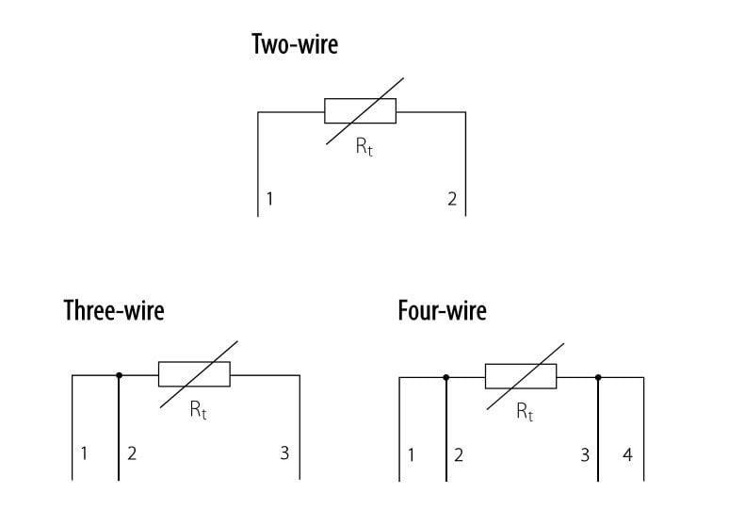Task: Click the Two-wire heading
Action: click(295, 44)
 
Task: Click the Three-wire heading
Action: click(114, 310)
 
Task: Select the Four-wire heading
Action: click(443, 310)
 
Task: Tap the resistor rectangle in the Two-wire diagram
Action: click(360, 111)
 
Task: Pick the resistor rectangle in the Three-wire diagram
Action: click(194, 374)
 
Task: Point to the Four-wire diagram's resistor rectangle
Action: click(521, 376)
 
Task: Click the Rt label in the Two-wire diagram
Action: click(364, 147)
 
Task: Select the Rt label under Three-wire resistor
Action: click(198, 410)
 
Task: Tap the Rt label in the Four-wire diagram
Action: click(525, 412)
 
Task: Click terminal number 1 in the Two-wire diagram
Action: click(269, 198)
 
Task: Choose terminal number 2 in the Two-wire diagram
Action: click(452, 198)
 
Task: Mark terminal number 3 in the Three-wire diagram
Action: click(284, 453)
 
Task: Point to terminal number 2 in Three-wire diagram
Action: click(132, 453)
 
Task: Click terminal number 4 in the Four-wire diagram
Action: click(627, 454)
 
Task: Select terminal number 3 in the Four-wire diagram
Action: click(585, 455)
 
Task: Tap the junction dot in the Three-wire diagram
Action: click(119, 375)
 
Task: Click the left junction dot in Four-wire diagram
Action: click(446, 378)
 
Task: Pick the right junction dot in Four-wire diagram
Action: click(598, 378)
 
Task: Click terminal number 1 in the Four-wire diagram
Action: click(411, 455)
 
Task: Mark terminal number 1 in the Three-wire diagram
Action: click(84, 453)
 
